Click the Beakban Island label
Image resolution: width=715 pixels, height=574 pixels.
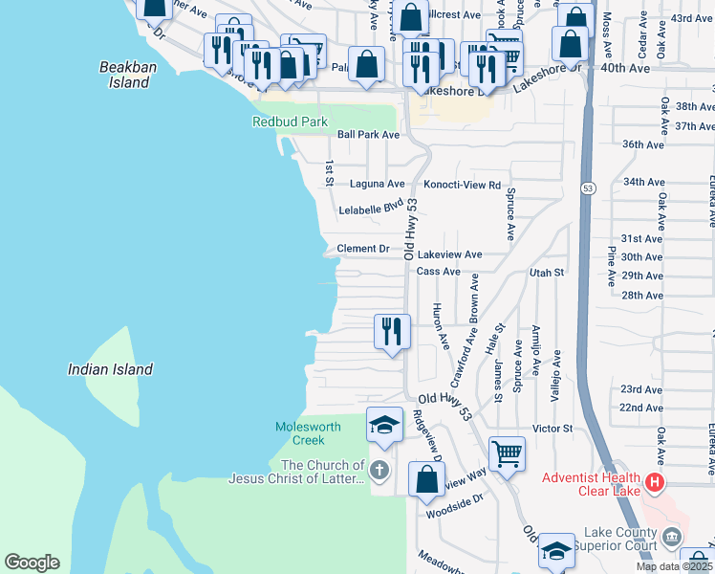pyautogui.click(x=125, y=75)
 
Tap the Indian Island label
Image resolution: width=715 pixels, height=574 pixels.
pyautogui.click(x=110, y=369)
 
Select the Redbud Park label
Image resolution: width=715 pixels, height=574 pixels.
pyautogui.click(x=290, y=122)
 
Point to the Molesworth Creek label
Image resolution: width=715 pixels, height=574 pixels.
pyautogui.click(x=301, y=433)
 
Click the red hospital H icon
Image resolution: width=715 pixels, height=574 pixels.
pyautogui.click(x=655, y=482)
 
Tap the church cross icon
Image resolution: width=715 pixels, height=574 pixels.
pyautogui.click(x=379, y=471)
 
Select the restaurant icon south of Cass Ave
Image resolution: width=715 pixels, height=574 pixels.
pyautogui.click(x=392, y=331)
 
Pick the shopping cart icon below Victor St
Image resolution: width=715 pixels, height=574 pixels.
pyautogui.click(x=507, y=453)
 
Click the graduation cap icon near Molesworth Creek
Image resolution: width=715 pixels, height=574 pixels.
pyautogui.click(x=384, y=425)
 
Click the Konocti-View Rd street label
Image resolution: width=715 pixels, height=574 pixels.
pyautogui.click(x=462, y=184)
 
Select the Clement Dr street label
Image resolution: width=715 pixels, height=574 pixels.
pyautogui.click(x=363, y=249)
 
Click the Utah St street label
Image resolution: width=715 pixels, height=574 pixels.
pyautogui.click(x=547, y=273)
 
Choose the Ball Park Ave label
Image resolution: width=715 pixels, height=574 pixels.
pyautogui.click(x=368, y=135)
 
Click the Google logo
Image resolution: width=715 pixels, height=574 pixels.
pyautogui.click(x=32, y=563)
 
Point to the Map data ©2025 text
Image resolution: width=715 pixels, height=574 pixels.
pyautogui.click(x=674, y=566)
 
